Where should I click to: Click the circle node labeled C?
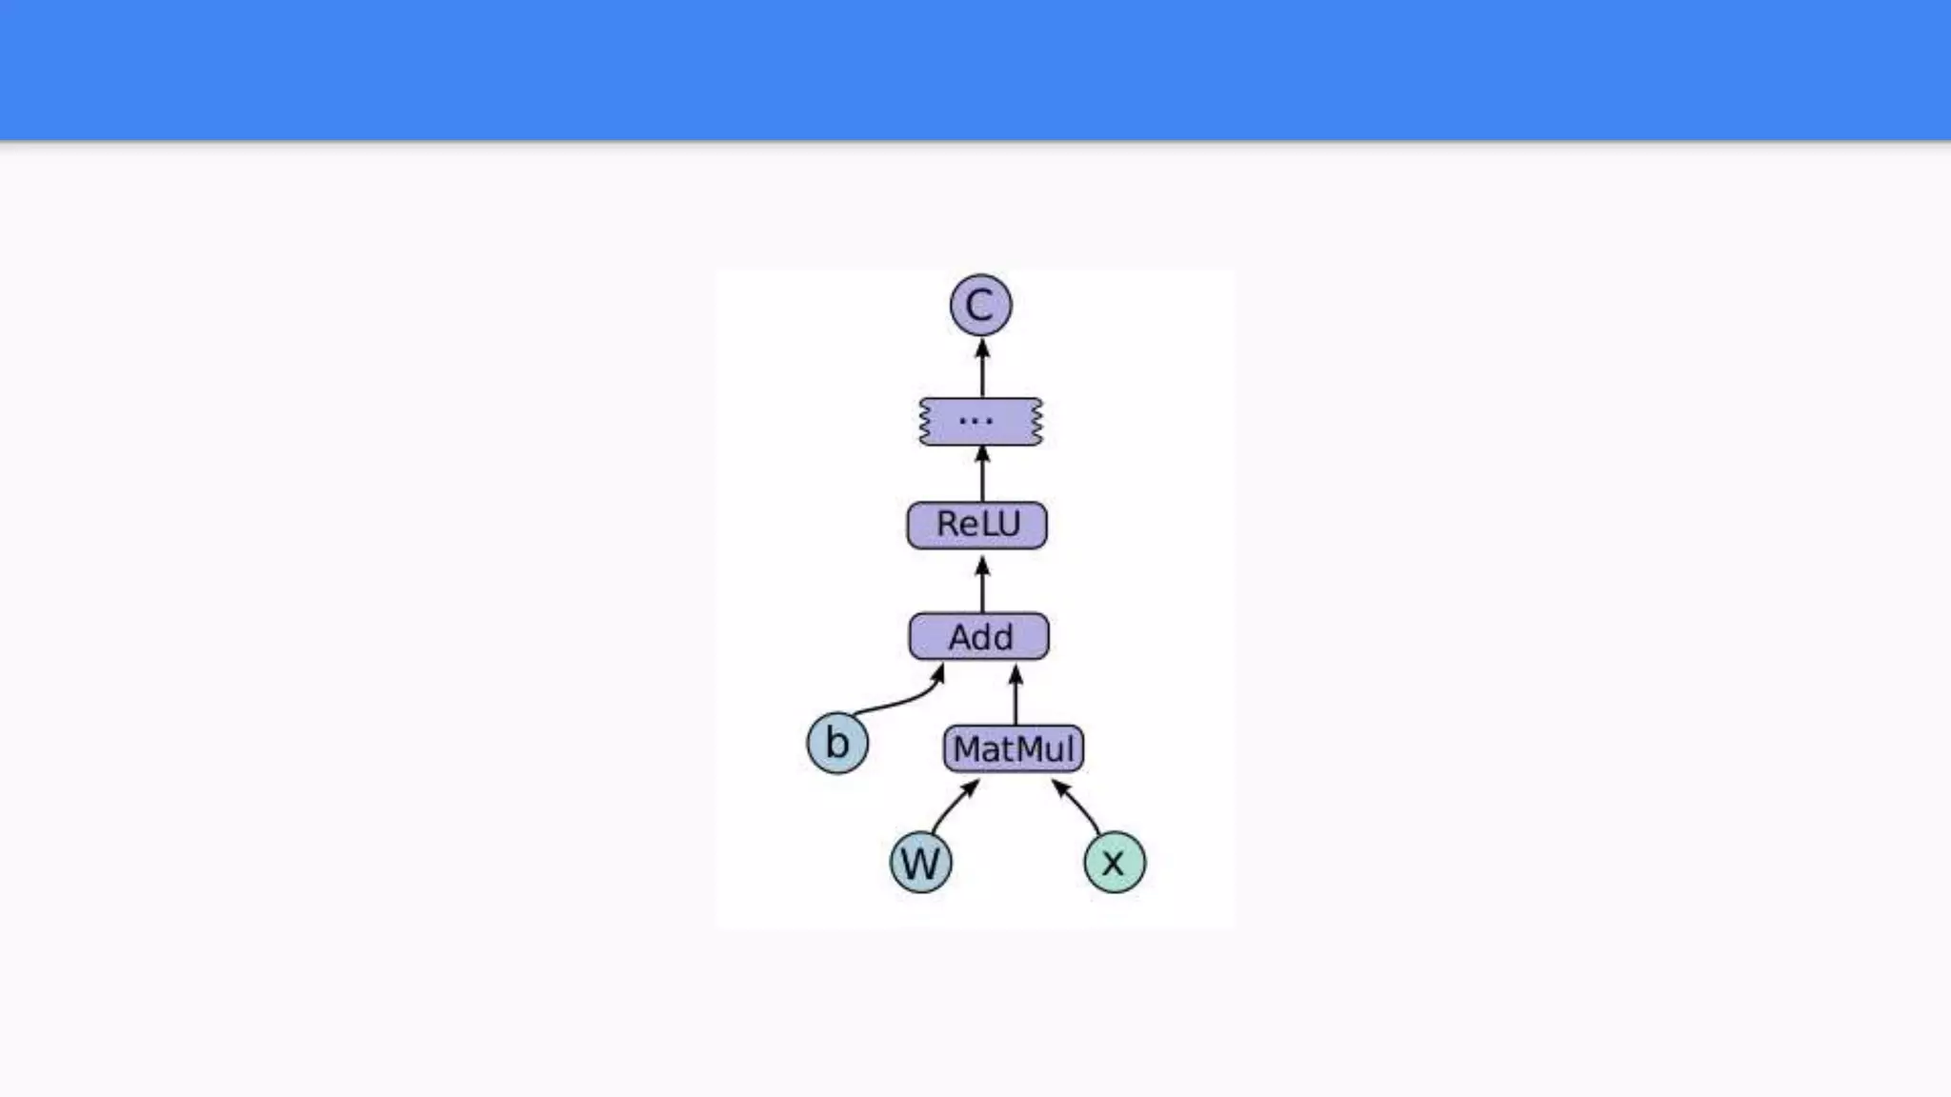pos(980,306)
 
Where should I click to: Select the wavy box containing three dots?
pos(980,421)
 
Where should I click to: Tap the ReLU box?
pos(976,525)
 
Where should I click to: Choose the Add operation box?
pos(979,636)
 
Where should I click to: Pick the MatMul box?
pos(1014,748)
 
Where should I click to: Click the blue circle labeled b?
pos(837,743)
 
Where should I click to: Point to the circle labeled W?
pos(920,862)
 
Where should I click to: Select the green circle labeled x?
pos(1115,862)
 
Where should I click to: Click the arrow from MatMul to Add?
pos(1016,695)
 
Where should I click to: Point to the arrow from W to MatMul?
pos(953,806)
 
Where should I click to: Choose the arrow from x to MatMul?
pos(1078,806)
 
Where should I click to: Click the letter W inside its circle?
pos(920,864)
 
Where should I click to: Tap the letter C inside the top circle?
pos(979,307)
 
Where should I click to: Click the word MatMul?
pos(1014,749)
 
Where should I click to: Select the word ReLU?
pos(977,524)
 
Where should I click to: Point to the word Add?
pos(980,637)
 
